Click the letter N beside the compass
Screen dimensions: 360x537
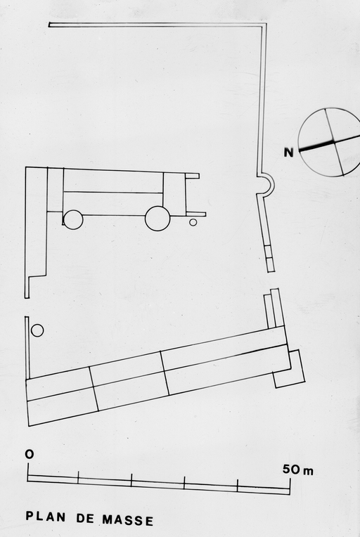289,152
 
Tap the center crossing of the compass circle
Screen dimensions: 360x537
333,141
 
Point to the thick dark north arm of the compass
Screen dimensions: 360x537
316,145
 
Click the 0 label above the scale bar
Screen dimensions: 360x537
30,455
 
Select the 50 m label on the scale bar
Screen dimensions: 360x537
297,470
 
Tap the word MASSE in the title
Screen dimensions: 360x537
128,520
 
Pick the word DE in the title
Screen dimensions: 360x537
85,518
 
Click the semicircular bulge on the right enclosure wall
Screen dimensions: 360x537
271,185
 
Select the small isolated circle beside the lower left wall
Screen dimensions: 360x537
37,330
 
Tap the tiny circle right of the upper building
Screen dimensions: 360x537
193,222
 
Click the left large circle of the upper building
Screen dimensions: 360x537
73,219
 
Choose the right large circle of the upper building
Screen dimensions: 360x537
157,219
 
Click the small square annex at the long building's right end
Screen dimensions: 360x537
290,369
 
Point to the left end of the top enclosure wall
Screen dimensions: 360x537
50,25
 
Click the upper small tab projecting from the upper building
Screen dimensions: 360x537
192,176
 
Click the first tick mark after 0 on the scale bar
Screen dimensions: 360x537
78,477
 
